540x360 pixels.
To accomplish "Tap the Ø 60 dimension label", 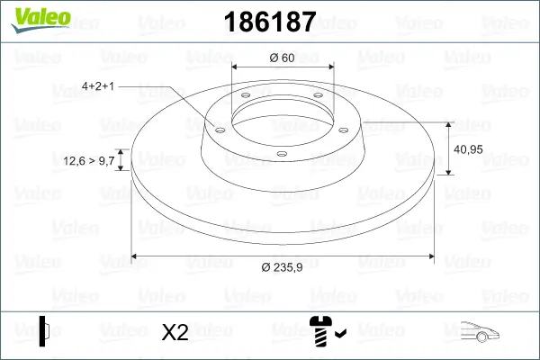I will click(x=282, y=58).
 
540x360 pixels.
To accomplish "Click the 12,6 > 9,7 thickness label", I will click(x=89, y=160).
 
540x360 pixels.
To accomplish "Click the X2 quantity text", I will click(x=175, y=332).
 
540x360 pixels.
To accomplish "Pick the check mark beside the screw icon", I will click(x=340, y=335).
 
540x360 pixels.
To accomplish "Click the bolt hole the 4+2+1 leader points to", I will click(x=217, y=129).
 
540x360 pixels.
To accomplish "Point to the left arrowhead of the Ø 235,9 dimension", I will click(x=135, y=257).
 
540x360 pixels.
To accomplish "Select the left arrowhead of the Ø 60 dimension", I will click(x=236, y=67).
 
